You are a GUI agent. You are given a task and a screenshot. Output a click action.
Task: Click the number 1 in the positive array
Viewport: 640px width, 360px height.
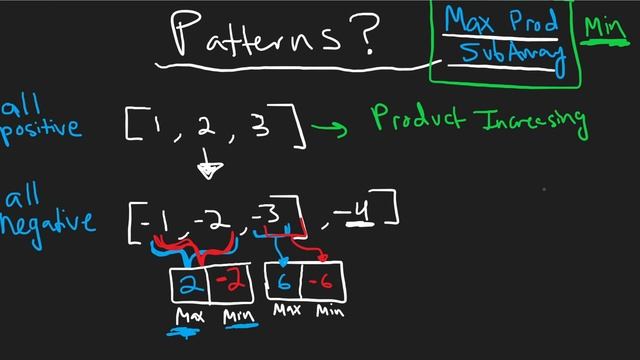[158, 125]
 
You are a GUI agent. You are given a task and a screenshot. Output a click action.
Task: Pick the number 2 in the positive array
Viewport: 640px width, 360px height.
[207, 127]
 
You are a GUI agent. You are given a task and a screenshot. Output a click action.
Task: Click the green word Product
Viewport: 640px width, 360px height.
[419, 118]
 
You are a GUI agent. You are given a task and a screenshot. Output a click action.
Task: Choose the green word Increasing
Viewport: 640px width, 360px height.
[530, 121]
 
